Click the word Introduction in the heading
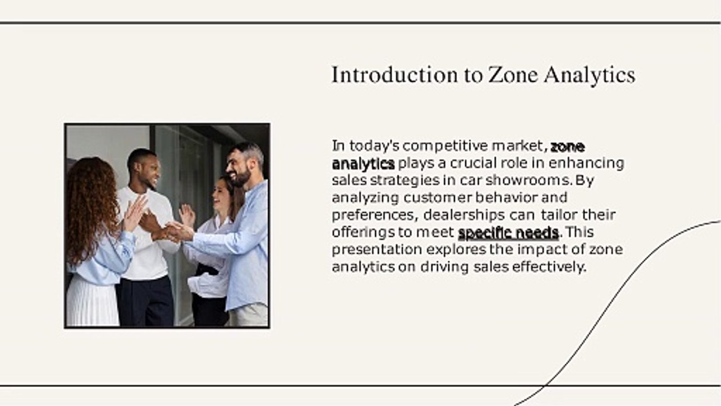pos(395,75)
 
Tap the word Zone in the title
pos(513,75)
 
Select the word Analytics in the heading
pos(590,76)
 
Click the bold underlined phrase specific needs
pos(508,233)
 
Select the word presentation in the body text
pos(377,250)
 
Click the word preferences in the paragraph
pos(375,215)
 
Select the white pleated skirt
pos(92,301)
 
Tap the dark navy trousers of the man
pos(145,302)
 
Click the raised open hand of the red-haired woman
pos(136,213)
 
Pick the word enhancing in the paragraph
pos(586,164)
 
